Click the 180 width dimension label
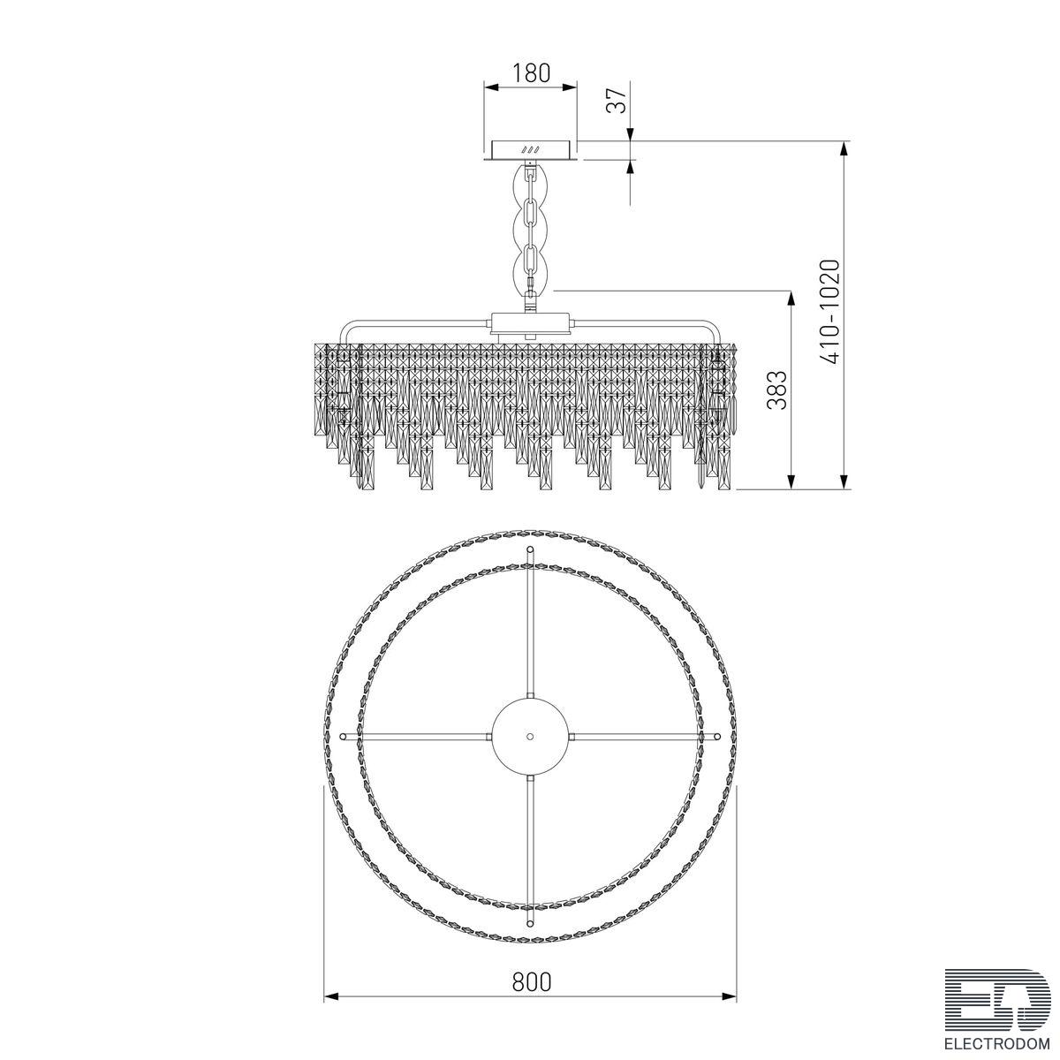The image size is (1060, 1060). (531, 72)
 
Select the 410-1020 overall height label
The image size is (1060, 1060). (829, 312)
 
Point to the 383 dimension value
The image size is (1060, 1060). (777, 390)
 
